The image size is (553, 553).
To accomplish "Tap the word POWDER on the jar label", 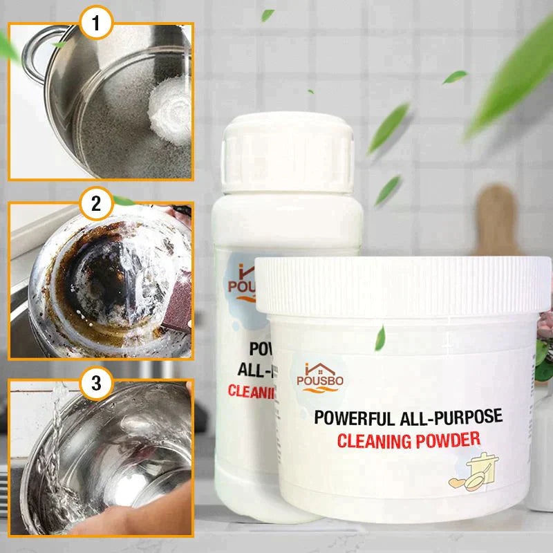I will click(x=452, y=438).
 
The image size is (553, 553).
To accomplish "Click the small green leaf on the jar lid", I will click(x=379, y=338).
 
